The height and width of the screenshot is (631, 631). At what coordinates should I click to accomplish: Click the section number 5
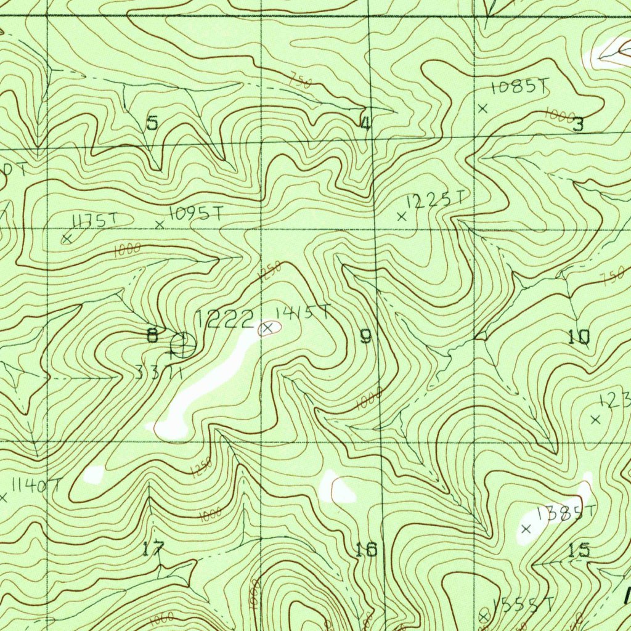(152, 123)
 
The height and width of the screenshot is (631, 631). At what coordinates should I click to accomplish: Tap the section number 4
(365, 124)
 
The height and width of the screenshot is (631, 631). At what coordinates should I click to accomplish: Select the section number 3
(578, 125)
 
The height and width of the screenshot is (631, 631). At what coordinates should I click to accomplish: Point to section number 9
(366, 336)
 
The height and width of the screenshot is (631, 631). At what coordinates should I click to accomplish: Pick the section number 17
(153, 548)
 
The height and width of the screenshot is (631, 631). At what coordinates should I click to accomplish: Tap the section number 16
(367, 549)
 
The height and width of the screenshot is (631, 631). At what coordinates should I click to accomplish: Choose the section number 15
(579, 550)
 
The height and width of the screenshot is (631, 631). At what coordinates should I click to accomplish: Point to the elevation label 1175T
(94, 220)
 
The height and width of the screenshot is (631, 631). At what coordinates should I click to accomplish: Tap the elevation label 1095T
(196, 214)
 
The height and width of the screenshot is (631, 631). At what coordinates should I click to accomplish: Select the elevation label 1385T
(566, 513)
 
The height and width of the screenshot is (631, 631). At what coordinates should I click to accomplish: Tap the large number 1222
(225, 319)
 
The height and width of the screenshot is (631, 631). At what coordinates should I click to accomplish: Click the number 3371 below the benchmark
(158, 372)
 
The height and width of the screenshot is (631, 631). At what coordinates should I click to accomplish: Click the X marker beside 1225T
(402, 217)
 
